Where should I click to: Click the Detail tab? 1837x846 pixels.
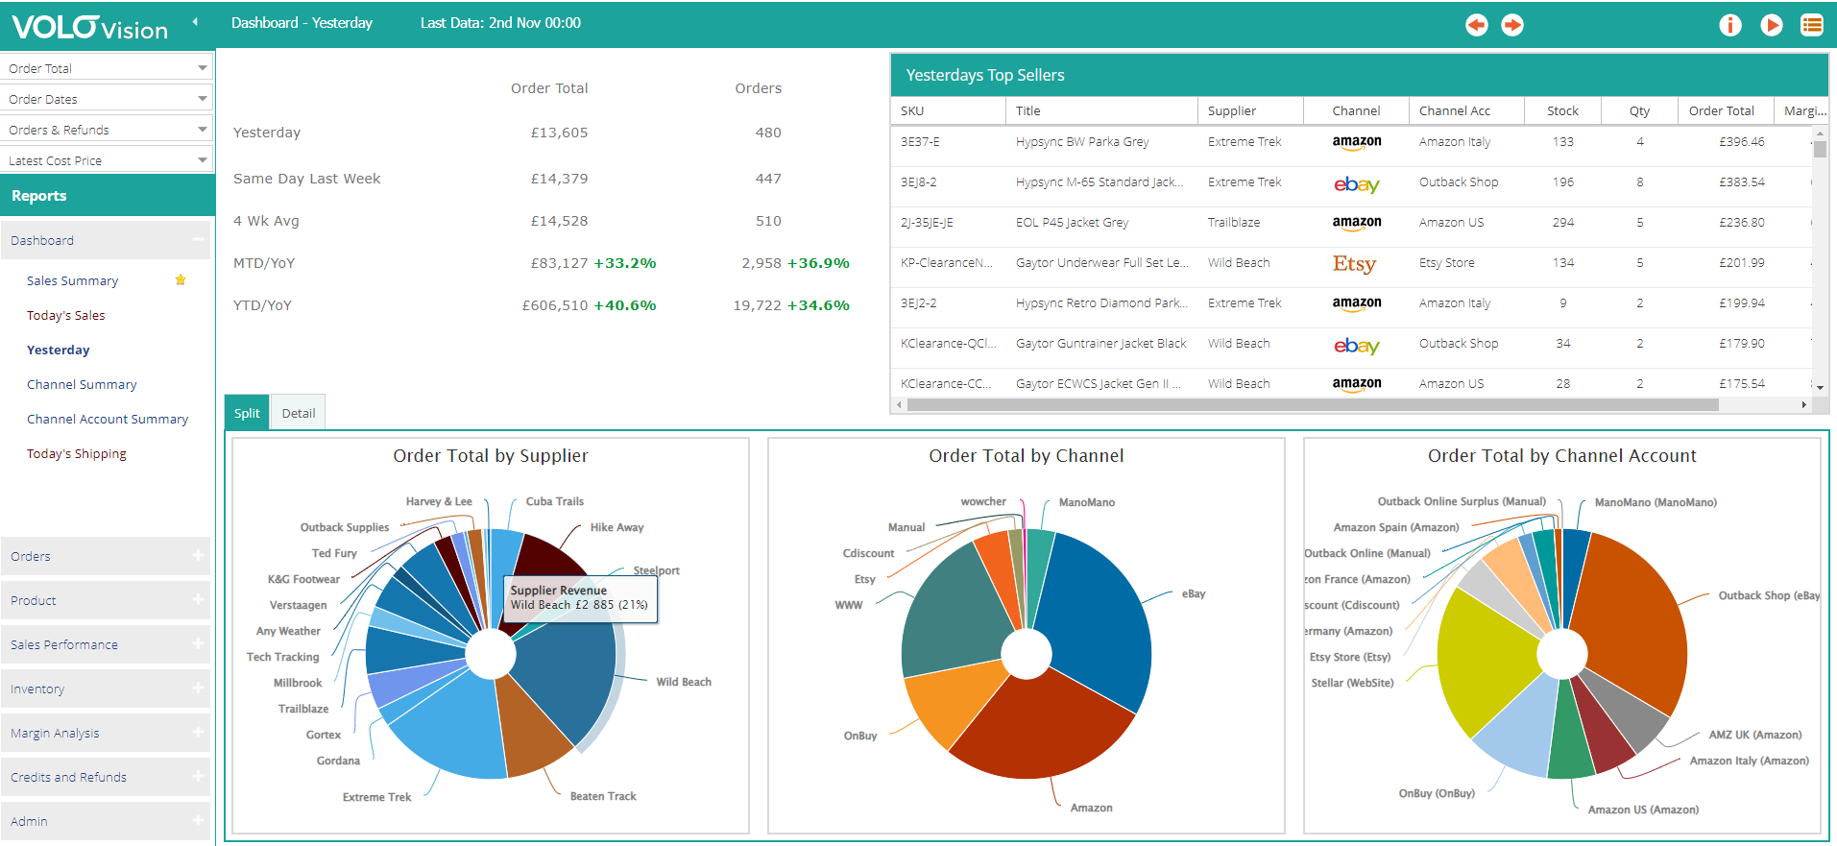[x=298, y=413]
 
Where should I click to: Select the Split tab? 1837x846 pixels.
[x=247, y=413]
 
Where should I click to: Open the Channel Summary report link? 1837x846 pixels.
[x=82, y=384]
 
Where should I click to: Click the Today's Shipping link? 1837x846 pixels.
[x=77, y=453]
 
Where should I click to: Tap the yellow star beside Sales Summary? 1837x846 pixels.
[x=181, y=279]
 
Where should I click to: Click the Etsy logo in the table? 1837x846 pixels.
[x=1354, y=263]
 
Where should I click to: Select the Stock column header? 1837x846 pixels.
[x=1562, y=110]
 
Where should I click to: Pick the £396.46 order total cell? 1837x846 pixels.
[x=1741, y=141]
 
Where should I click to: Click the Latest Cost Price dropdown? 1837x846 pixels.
[x=107, y=160]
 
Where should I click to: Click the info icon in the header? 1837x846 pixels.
[x=1729, y=25]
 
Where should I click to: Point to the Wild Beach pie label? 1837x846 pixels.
[x=684, y=682]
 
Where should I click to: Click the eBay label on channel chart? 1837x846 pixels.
[x=1194, y=593]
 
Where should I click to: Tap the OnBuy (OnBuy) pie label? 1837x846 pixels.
[x=1437, y=793]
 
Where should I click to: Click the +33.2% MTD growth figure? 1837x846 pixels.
[x=624, y=263]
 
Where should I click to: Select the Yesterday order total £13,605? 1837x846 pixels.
[x=559, y=133]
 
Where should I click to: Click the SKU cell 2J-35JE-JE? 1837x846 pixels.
[x=927, y=222]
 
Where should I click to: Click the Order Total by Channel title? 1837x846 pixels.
[x=1026, y=456]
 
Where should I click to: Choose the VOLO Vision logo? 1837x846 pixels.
[x=89, y=27]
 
